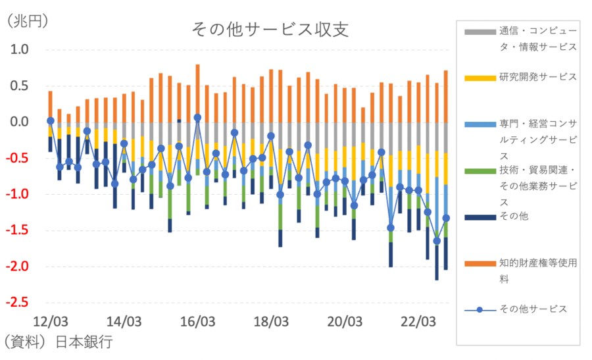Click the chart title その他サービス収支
pos(270,30)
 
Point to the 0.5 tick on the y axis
pos(20,86)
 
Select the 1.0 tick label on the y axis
pos(20,49)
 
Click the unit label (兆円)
pos(28,20)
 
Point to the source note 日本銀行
pos(84,343)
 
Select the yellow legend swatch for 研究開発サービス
pos(480,78)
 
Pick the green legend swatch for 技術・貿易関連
pos(480,171)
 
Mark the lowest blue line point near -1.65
pos(437,241)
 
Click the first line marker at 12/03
pos(50,121)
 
